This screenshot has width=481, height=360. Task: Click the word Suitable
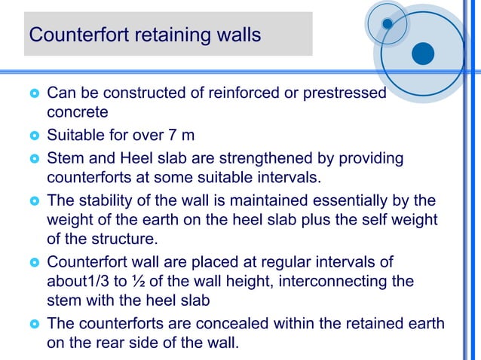tap(74, 136)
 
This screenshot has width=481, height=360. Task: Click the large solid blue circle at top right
tap(424, 53)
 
